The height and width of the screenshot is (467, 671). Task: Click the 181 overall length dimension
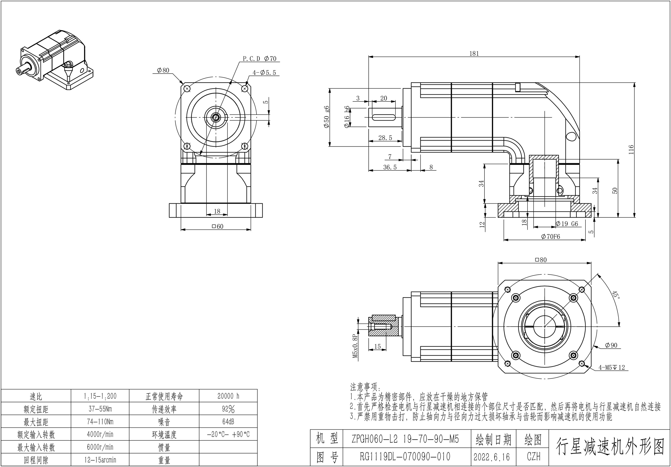click(474, 53)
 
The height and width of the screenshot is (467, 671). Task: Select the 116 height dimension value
click(631, 149)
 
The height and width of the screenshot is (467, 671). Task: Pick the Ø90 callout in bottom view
click(611, 345)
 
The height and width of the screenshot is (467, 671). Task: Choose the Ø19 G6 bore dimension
click(567, 224)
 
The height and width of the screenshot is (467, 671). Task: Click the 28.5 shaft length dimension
click(385, 138)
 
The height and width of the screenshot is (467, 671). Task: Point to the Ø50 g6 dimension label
click(327, 117)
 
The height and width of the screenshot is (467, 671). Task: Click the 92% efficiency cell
click(228, 409)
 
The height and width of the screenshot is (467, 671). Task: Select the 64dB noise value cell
click(228, 422)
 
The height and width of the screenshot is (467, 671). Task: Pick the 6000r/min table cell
click(100, 447)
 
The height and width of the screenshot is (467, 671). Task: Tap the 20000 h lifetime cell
click(228, 396)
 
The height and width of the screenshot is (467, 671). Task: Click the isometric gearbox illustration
click(55, 60)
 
